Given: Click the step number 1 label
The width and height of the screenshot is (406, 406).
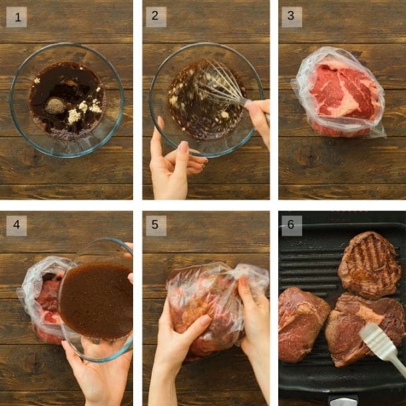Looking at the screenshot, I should tap(17, 17).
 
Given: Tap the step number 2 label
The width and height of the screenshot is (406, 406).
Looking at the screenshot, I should tap(154, 17).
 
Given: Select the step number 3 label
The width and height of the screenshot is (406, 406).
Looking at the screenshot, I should tap(292, 17).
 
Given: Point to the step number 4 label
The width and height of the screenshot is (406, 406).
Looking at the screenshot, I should tap(17, 225).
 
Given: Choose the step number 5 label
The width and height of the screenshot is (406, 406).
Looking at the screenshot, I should tap(154, 225).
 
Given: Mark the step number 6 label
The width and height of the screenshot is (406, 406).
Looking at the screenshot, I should tap(292, 225).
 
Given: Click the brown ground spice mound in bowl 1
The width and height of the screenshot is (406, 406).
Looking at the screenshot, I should tap(55, 105).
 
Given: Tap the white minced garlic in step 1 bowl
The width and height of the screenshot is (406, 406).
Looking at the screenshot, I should tap(75, 115).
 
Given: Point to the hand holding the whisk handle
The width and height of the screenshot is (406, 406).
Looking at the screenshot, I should tap(258, 120).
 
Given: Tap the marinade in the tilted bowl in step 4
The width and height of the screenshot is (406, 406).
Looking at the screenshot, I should tap(97, 300).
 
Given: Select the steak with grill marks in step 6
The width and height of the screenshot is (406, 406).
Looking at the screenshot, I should tap(369, 265).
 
